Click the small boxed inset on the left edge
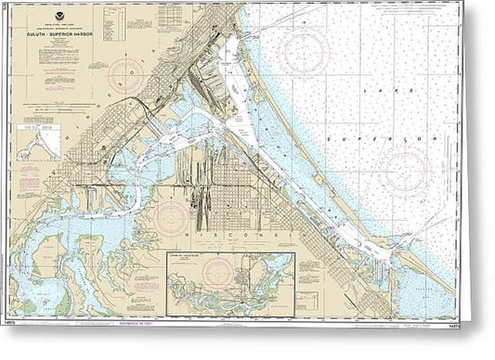pos(38,146)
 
